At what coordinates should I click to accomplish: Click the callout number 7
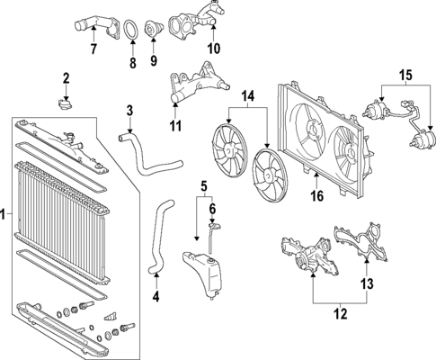[93, 49]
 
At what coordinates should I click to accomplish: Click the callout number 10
[214, 49]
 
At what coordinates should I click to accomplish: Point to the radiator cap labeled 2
[65, 105]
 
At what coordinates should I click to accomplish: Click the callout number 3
[129, 111]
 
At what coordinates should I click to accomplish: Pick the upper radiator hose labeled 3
[148, 155]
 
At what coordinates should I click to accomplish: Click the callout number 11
[175, 126]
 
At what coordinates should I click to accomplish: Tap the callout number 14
[248, 96]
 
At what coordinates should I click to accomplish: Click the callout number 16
[317, 196]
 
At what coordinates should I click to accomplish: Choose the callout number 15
[405, 76]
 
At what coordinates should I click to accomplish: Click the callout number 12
[340, 313]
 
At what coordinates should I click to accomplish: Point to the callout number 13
[368, 283]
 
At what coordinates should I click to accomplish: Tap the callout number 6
[212, 208]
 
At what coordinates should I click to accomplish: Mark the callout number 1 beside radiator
[3, 215]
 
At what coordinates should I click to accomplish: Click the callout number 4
[156, 297]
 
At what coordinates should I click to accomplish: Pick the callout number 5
[204, 186]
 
